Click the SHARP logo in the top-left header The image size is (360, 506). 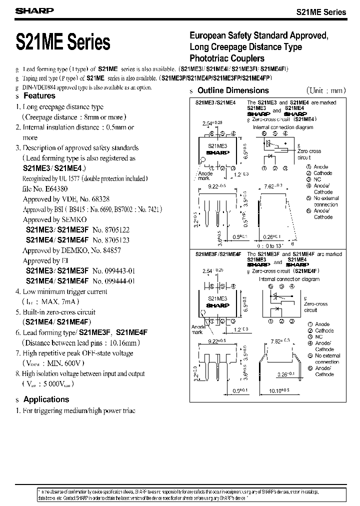coord(27,10)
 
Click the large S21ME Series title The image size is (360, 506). coord(63,41)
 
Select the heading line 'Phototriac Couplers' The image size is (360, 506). coord(226,58)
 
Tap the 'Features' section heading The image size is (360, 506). coord(39,95)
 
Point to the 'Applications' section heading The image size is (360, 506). coord(46,399)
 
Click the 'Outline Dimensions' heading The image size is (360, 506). coord(233,90)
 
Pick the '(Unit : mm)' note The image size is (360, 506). coord(327,90)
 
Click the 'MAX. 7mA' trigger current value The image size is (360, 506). coord(58,301)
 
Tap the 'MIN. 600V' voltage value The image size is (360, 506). coord(68,363)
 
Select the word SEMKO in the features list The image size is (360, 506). coord(74,219)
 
